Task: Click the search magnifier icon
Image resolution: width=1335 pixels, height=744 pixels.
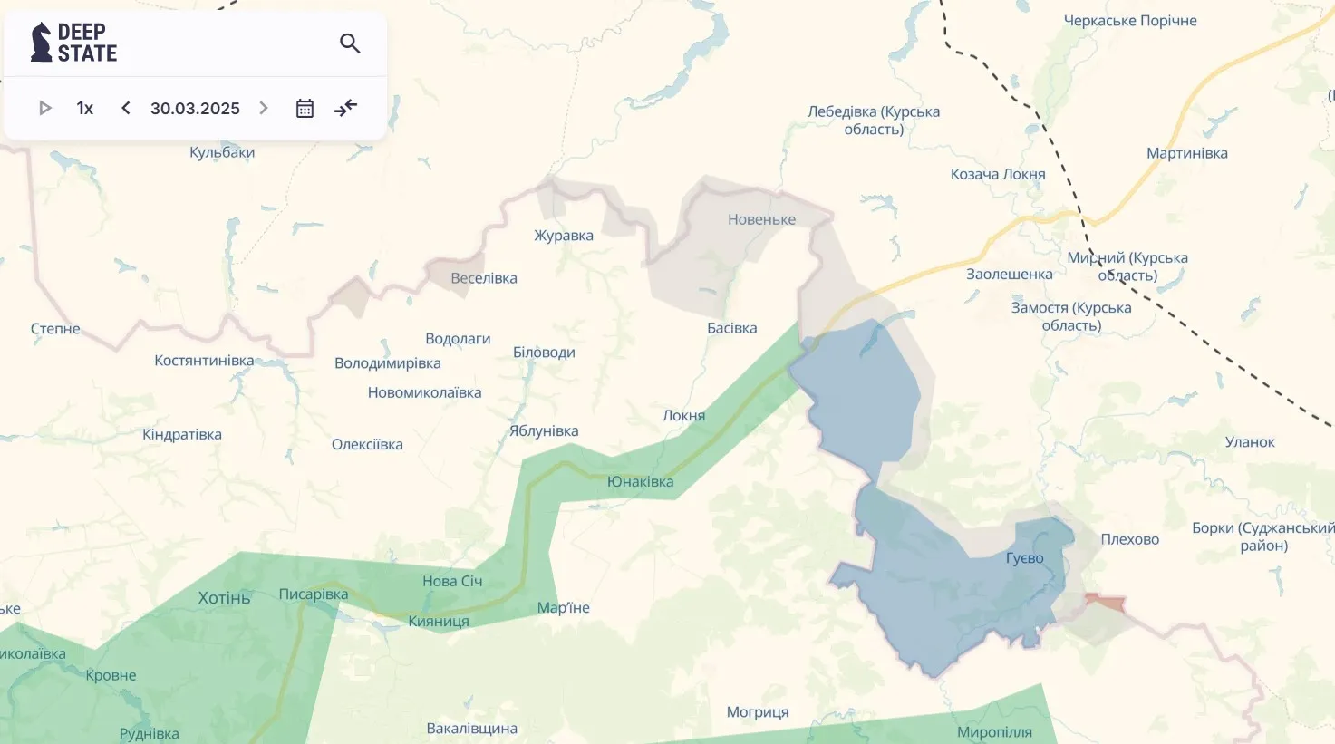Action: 350,43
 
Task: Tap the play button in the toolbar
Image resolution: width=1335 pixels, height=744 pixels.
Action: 44,109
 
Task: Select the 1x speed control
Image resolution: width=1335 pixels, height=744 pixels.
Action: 85,109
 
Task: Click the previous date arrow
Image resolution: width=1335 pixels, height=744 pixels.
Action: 126,109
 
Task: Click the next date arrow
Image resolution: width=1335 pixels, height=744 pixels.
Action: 264,109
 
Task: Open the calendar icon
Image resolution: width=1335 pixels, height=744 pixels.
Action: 305,109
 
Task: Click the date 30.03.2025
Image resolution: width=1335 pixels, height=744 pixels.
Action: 195,109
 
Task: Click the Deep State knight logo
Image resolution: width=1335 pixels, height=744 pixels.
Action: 41,43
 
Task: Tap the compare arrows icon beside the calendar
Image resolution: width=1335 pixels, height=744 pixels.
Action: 345,109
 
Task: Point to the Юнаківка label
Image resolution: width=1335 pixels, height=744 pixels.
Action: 640,482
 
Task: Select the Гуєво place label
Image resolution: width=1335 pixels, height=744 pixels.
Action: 1024,558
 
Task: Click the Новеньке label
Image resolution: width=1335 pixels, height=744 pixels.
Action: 761,219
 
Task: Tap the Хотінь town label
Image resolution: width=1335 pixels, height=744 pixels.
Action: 224,598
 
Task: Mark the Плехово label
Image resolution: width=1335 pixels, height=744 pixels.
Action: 1129,539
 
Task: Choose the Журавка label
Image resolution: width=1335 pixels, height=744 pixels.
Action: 564,236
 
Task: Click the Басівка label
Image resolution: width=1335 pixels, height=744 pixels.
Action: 731,328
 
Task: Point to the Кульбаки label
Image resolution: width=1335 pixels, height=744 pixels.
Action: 222,152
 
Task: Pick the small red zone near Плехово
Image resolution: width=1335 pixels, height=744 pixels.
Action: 1105,601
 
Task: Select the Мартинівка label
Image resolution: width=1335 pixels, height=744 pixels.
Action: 1186,153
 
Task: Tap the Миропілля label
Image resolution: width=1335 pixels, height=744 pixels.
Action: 994,732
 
